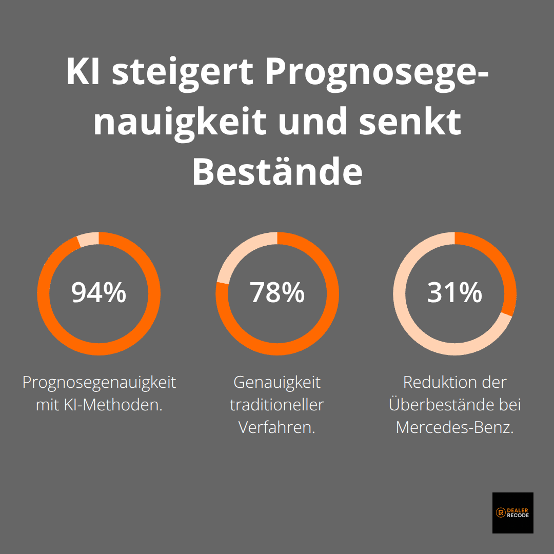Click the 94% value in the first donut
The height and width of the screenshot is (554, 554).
(x=98, y=293)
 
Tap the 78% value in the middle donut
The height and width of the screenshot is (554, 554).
(x=277, y=293)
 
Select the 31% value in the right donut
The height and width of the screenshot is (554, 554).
(x=454, y=293)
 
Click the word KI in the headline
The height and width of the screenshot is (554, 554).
(x=84, y=72)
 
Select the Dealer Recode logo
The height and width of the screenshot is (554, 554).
(x=512, y=512)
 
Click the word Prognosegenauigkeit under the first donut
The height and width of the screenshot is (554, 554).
(x=99, y=383)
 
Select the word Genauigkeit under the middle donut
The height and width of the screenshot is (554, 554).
(x=277, y=383)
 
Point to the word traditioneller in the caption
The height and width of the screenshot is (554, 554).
(x=277, y=405)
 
